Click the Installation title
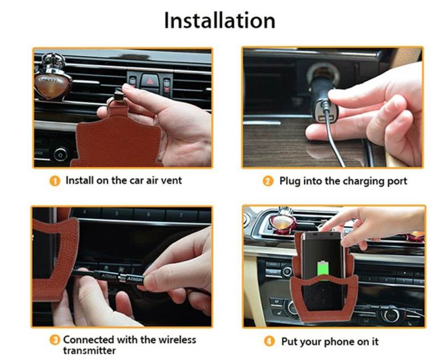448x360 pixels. click(219, 21)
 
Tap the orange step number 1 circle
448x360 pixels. click(55, 181)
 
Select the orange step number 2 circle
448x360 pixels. click(268, 181)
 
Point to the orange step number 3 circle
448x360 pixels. click(55, 340)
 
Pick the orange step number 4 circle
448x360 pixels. click(269, 341)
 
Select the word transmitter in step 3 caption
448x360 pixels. click(89, 350)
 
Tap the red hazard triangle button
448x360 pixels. click(150, 81)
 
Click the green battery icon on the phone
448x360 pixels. click(323, 268)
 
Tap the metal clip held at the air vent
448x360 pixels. click(119, 95)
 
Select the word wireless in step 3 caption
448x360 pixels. click(177, 339)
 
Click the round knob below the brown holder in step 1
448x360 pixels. click(60, 155)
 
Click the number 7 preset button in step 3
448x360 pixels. click(181, 215)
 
